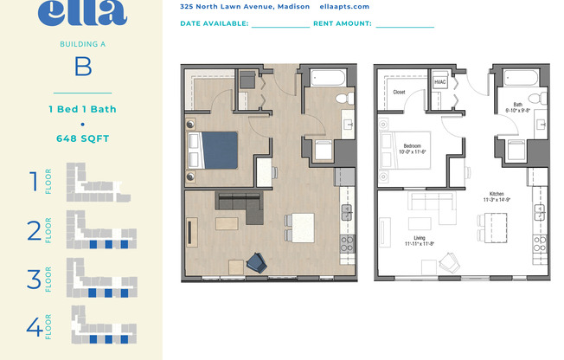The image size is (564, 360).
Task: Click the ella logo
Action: tap(82, 12)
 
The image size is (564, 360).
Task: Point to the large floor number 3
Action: tap(35, 280)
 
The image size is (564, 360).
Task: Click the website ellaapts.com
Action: tap(344, 6)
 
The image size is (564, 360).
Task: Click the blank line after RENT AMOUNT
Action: tap(404, 25)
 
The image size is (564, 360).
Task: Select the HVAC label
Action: tap(440, 81)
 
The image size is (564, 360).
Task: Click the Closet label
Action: tap(399, 91)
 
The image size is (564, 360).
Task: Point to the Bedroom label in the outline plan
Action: tap(413, 145)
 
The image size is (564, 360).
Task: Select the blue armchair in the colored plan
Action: tap(257, 261)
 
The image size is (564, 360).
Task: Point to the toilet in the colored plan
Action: tap(346, 98)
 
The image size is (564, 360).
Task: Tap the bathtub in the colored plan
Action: tap(328, 79)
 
